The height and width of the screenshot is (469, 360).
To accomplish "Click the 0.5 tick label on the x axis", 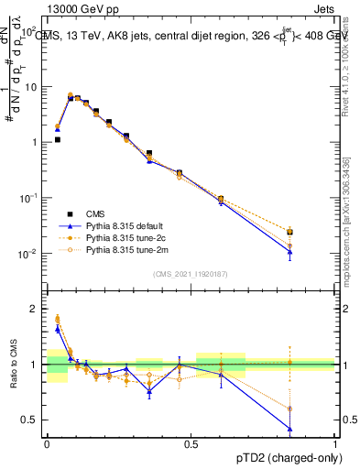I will [191, 442].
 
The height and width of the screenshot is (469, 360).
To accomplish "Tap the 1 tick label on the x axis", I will [335, 442].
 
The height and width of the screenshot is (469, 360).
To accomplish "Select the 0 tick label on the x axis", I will [47, 442].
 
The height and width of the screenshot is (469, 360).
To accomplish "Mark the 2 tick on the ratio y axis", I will [37, 309].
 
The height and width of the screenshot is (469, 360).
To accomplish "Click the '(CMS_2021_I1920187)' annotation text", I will [191, 274].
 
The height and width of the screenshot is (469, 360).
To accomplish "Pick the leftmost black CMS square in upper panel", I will [57, 140].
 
